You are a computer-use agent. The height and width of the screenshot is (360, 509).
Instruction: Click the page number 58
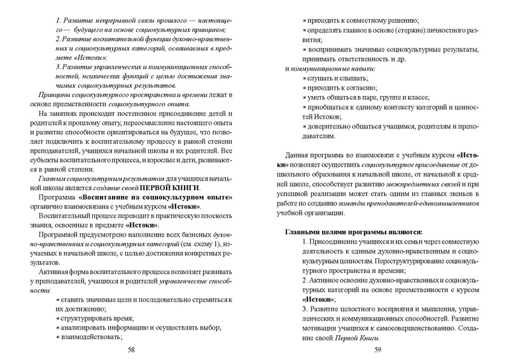click(x=131, y=349)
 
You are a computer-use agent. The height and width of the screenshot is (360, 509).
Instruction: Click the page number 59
click(x=377, y=349)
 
